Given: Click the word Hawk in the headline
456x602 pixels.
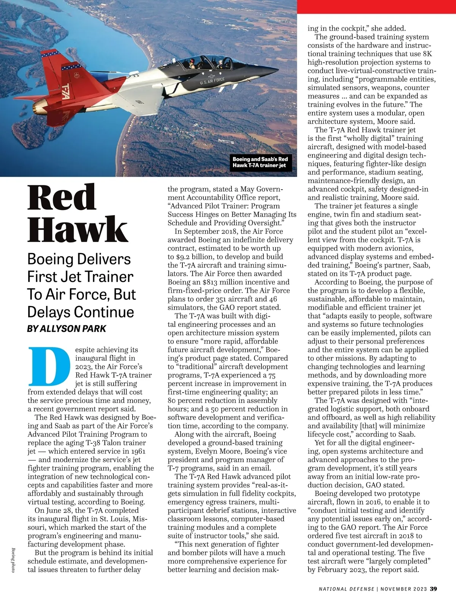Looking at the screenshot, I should pos(77,229).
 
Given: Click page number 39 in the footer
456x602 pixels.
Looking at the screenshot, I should pos(433,589).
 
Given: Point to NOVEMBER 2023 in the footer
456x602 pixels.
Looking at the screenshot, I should pos(404,589).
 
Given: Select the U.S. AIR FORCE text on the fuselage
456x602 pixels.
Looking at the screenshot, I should pos(212,81).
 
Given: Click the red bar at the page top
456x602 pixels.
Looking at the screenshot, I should pos(376,6).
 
